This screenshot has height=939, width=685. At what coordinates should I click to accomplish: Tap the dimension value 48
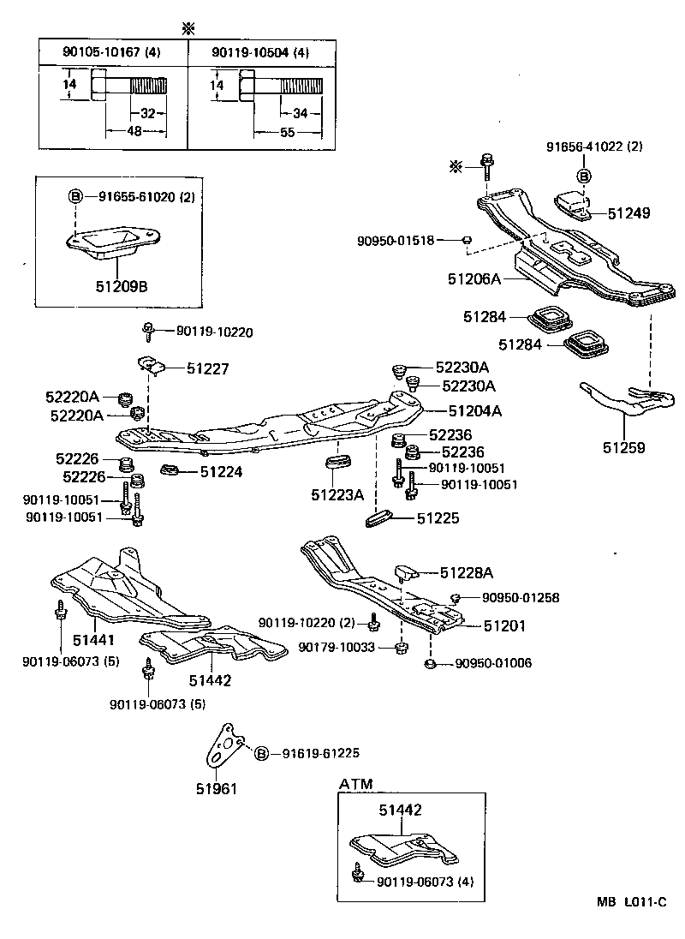pos(135,131)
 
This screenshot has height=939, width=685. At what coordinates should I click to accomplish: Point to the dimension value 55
pos(287,133)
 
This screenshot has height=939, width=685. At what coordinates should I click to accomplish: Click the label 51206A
pos(474,278)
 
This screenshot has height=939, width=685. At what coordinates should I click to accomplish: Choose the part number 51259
pos(625,447)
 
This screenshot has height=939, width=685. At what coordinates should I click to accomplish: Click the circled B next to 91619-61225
pos(261,753)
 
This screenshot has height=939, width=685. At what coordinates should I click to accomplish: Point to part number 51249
pos(630,212)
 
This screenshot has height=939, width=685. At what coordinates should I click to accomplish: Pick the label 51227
pos(209,368)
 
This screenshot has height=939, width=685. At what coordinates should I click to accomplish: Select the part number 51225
pos(438,518)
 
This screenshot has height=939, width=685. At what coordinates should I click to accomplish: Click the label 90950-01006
pos(496,663)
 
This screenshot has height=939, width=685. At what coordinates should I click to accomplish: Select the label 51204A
pos(474,410)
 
